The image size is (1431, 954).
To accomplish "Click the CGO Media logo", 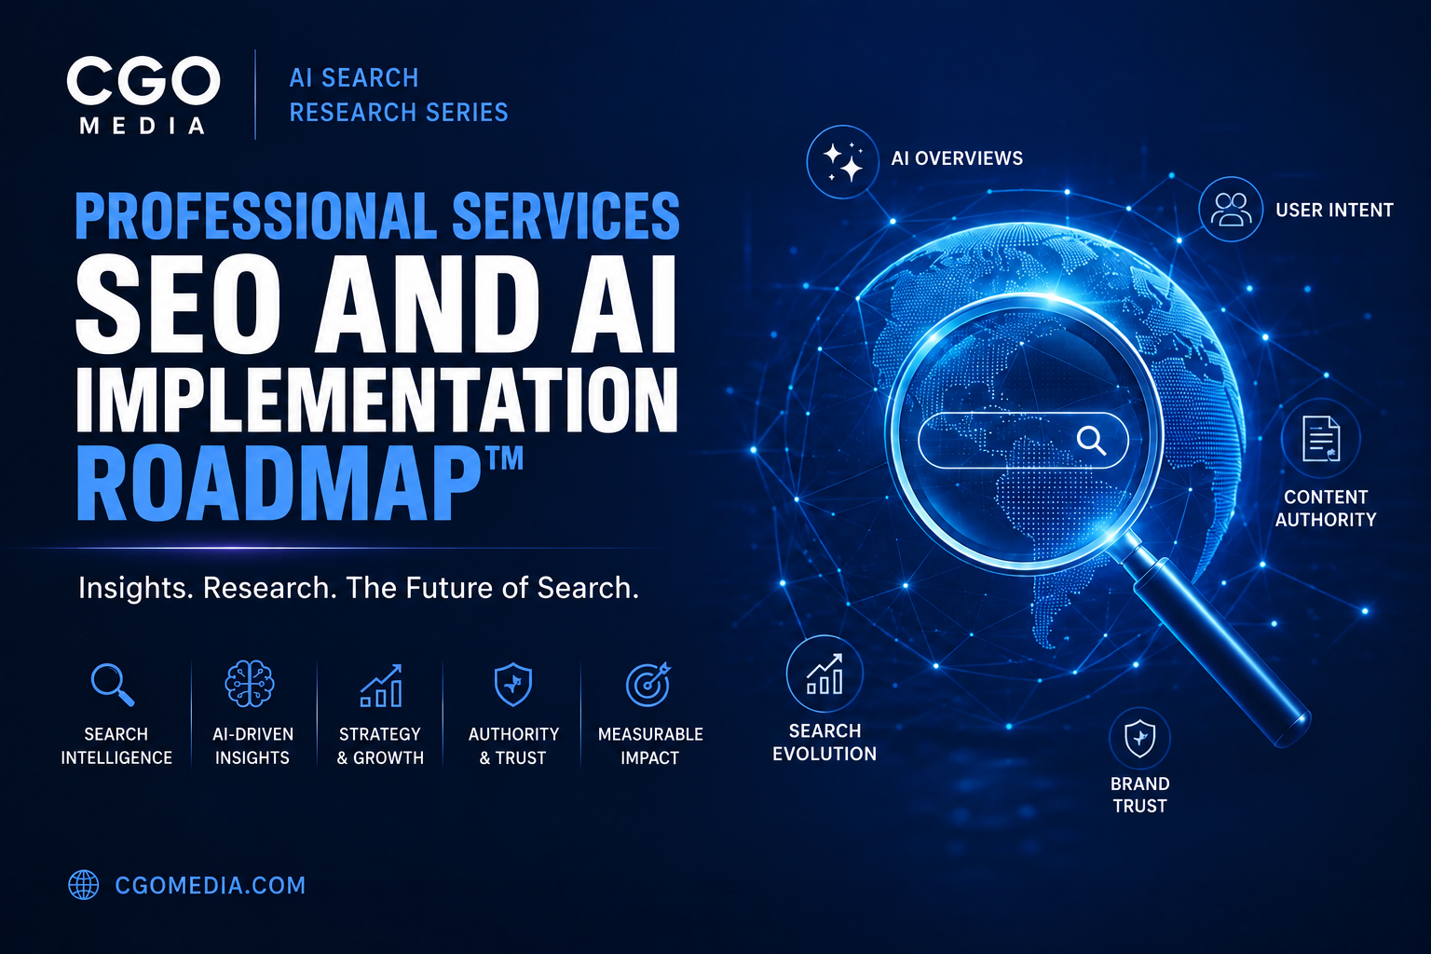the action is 143,96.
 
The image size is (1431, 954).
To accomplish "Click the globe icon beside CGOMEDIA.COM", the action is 84,885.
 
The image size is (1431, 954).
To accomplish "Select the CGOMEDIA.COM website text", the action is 211,886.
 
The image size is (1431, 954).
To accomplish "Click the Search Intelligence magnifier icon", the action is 113,685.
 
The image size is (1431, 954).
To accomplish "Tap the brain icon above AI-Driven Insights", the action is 250,684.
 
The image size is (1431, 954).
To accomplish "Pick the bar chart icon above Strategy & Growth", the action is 381,686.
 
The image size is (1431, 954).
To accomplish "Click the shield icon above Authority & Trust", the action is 513,685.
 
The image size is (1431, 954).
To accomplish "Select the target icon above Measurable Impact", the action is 648,685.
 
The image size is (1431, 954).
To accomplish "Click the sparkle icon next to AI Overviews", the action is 842,162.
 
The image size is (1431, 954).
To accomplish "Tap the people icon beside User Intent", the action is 1231,209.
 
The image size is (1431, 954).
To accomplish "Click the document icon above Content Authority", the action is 1320,439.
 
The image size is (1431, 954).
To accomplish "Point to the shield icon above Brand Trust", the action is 1139,739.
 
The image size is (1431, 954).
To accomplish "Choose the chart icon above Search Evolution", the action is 825,674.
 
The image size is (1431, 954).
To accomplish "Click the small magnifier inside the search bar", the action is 1091,441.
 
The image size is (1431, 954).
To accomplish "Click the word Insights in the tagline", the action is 135,588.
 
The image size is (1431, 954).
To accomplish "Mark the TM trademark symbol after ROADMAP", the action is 505,458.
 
